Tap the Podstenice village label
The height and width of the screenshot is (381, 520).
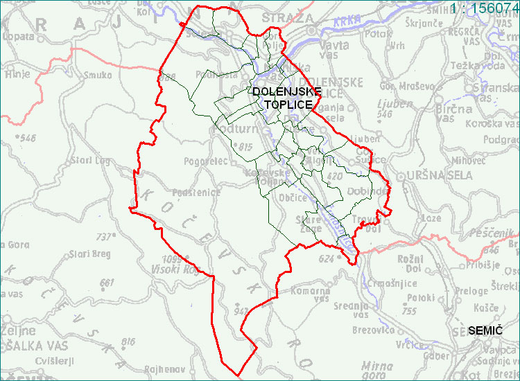(x=196, y=193)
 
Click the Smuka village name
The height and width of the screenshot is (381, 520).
(x=98, y=75)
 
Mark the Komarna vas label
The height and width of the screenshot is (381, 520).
(x=311, y=294)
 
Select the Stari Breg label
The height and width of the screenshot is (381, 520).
(x=90, y=254)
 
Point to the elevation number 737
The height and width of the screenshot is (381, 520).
(x=104, y=236)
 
